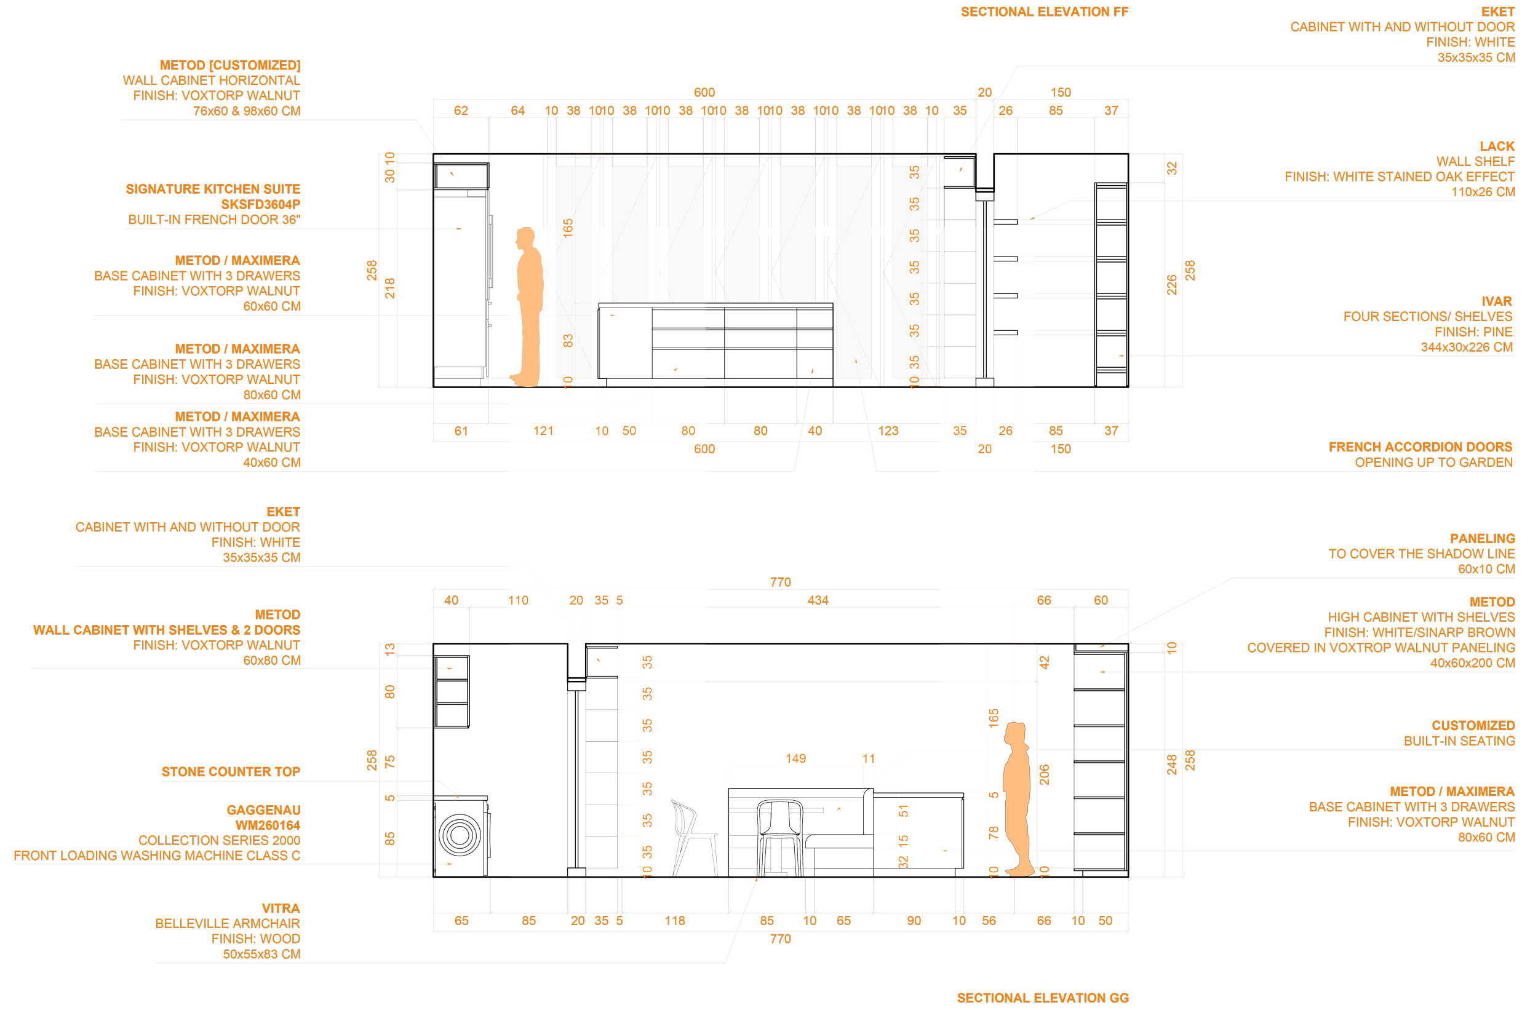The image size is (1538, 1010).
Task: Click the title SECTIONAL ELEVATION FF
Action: tap(1044, 12)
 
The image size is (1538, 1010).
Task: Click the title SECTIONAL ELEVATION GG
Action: tap(1042, 998)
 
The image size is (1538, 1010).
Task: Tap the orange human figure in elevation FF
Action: tap(528, 307)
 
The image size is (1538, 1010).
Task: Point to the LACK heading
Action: tap(1497, 146)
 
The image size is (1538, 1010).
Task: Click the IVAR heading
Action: tap(1496, 301)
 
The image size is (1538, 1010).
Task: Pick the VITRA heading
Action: tap(281, 908)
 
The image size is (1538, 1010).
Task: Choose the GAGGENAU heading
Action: tap(263, 809)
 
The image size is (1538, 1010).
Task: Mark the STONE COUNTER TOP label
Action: tap(231, 771)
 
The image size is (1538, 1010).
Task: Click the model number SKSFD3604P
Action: tap(260, 204)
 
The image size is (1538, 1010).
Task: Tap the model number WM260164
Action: tap(268, 825)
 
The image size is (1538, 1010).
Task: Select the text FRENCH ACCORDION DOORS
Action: tap(1420, 447)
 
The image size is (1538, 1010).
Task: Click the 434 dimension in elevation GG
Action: tap(818, 600)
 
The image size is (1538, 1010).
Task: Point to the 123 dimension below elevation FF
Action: tap(888, 431)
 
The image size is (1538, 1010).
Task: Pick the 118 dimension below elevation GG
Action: tap(675, 920)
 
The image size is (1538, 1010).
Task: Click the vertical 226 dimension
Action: tap(1171, 285)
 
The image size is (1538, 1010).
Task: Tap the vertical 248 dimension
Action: tap(1171, 765)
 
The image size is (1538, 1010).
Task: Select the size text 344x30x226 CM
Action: tap(1465, 347)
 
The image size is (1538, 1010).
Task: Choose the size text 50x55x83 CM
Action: tap(261, 954)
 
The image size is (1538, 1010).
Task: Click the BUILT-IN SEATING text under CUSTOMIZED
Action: tap(1459, 741)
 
